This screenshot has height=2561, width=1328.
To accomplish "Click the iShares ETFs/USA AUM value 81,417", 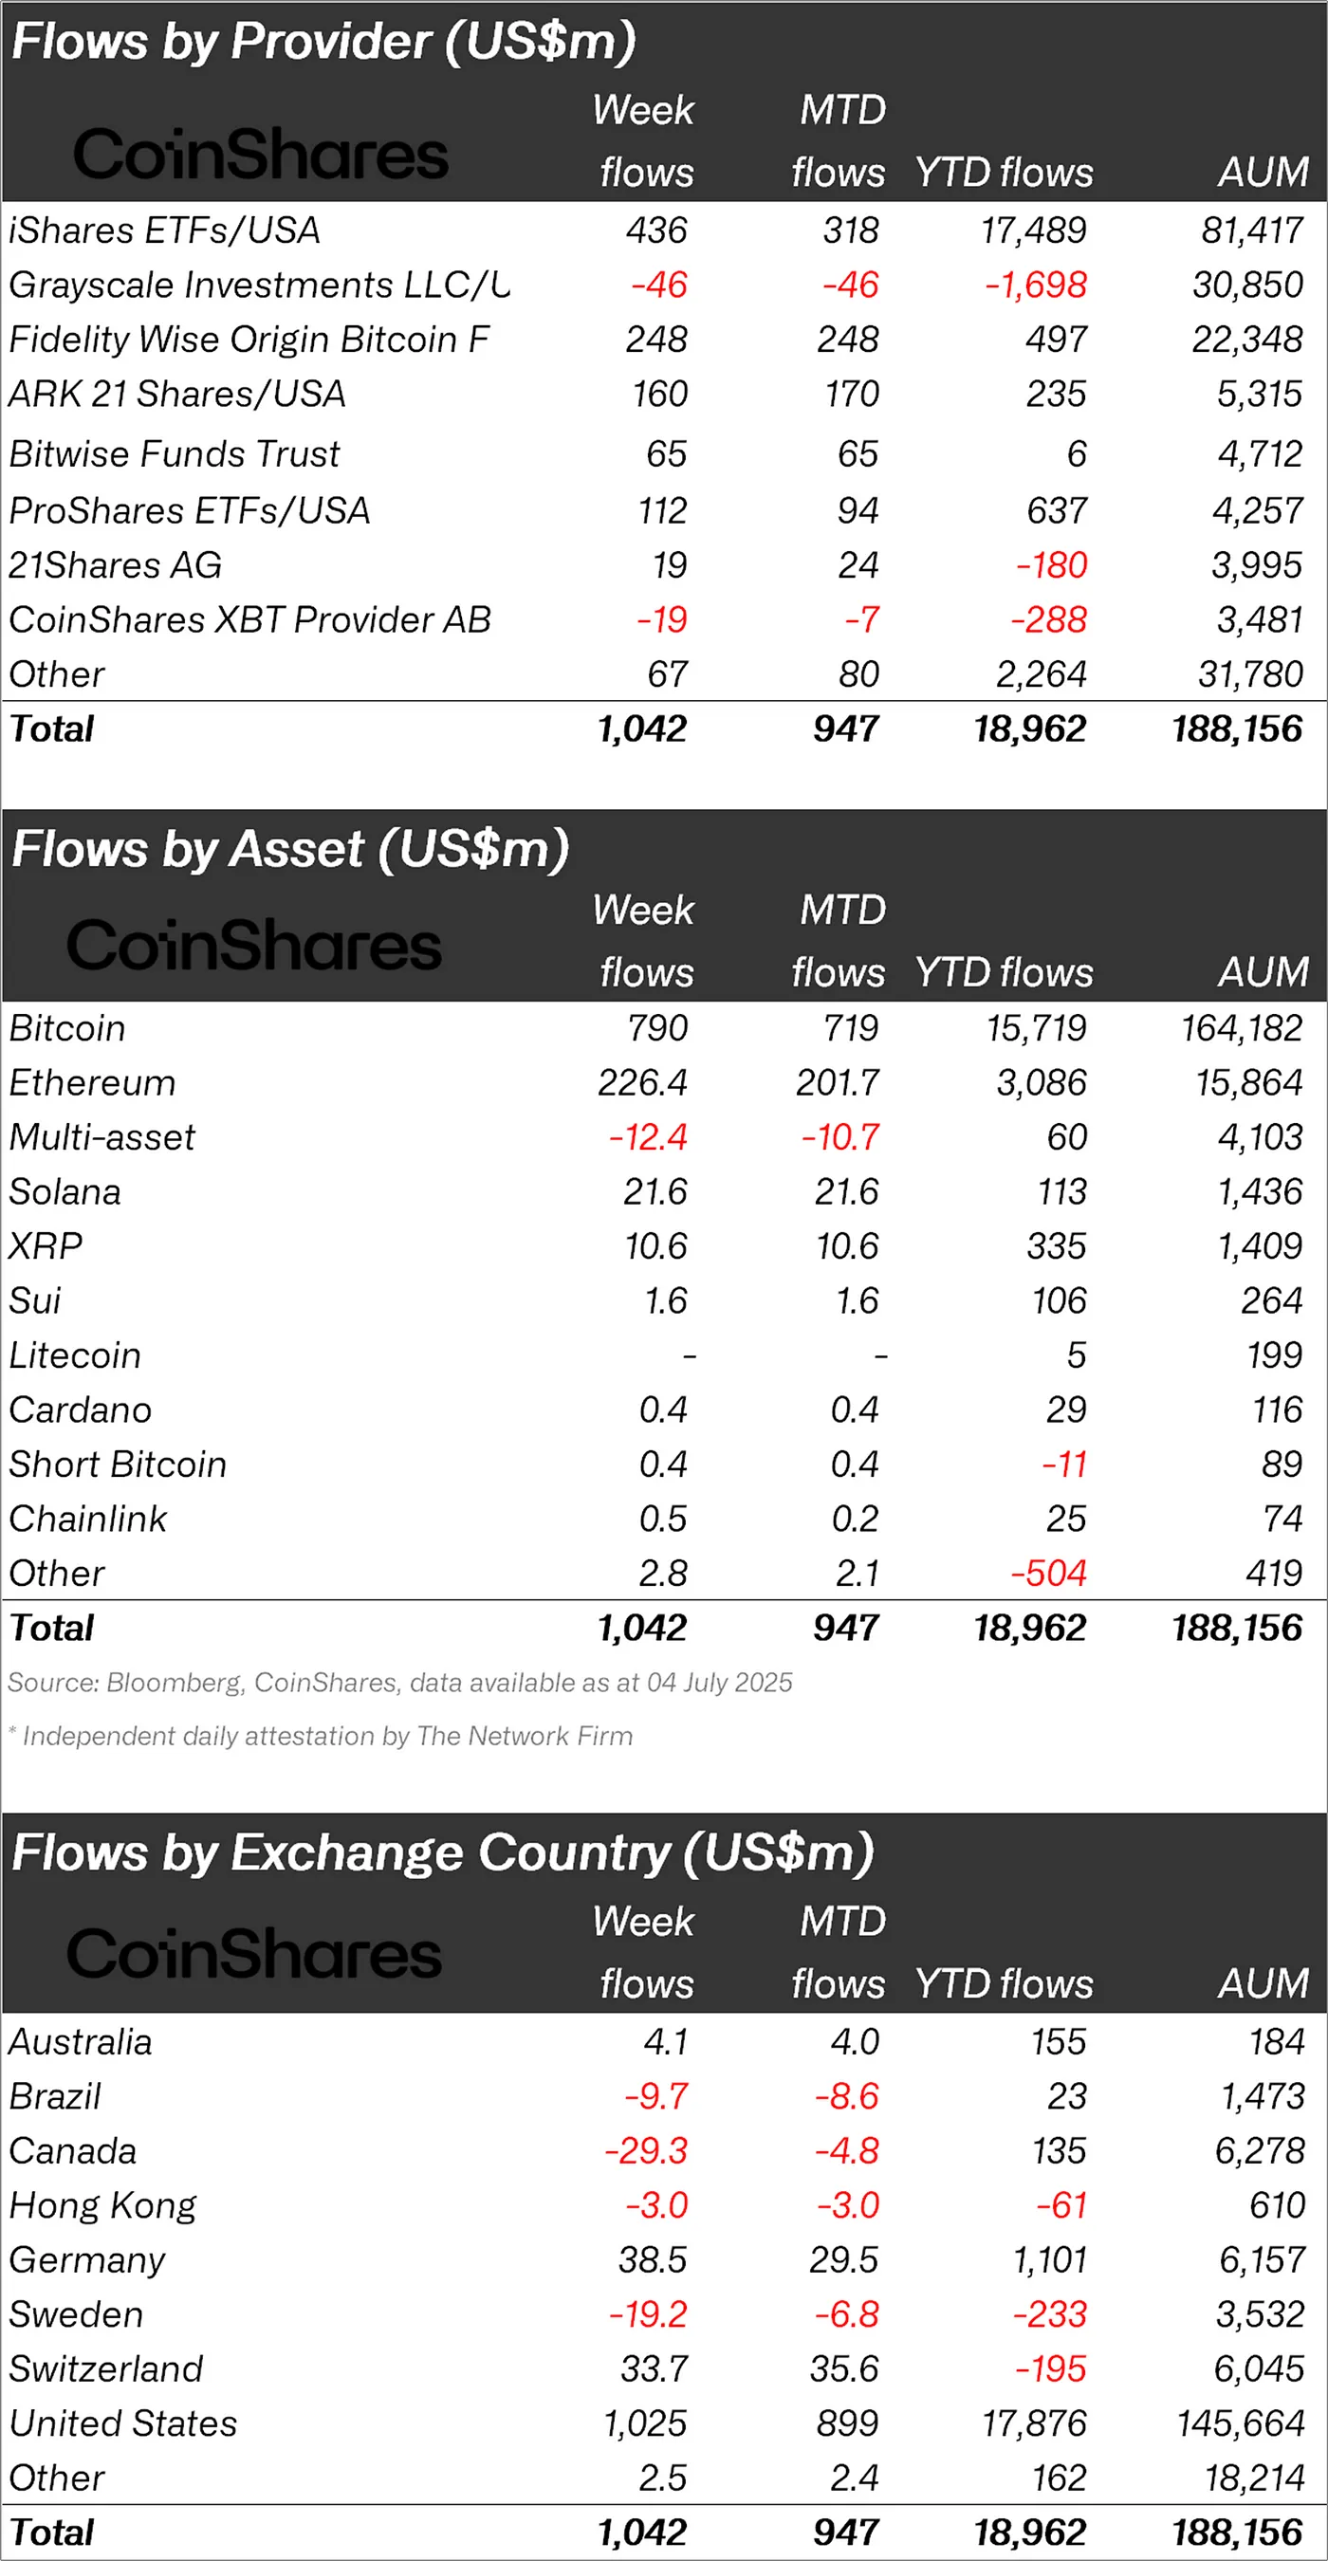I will pos(1251,230).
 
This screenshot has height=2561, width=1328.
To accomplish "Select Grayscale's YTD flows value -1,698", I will pos(1035,286).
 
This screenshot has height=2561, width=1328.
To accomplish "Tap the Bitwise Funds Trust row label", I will pos(174,454).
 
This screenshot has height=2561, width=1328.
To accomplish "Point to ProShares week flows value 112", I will pos(662,511).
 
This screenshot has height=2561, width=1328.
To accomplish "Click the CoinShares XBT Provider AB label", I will pos(249,620).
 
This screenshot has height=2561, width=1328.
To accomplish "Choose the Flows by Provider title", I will pos(323,42).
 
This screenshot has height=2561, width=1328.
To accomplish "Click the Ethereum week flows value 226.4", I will pos(642,1082).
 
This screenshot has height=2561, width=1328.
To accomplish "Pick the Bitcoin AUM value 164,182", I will pos(1241,1028).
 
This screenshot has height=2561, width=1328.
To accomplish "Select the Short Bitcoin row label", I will pos(118,1465).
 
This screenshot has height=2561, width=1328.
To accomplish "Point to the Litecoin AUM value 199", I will pos(1273,1355).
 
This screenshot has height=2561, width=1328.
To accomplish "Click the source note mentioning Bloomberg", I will pos(399,1683).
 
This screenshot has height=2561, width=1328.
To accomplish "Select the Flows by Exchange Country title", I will pos(442,1853).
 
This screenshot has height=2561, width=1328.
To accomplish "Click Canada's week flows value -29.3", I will pos(646,2151).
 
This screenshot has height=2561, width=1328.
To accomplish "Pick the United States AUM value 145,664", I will pos(1241,2423).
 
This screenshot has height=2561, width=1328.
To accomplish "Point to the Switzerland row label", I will pos(105,2369).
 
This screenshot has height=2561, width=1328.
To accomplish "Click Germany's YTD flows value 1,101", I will pos(1049,2260).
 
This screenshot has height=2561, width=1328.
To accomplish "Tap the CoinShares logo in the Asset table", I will pos(253,946).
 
